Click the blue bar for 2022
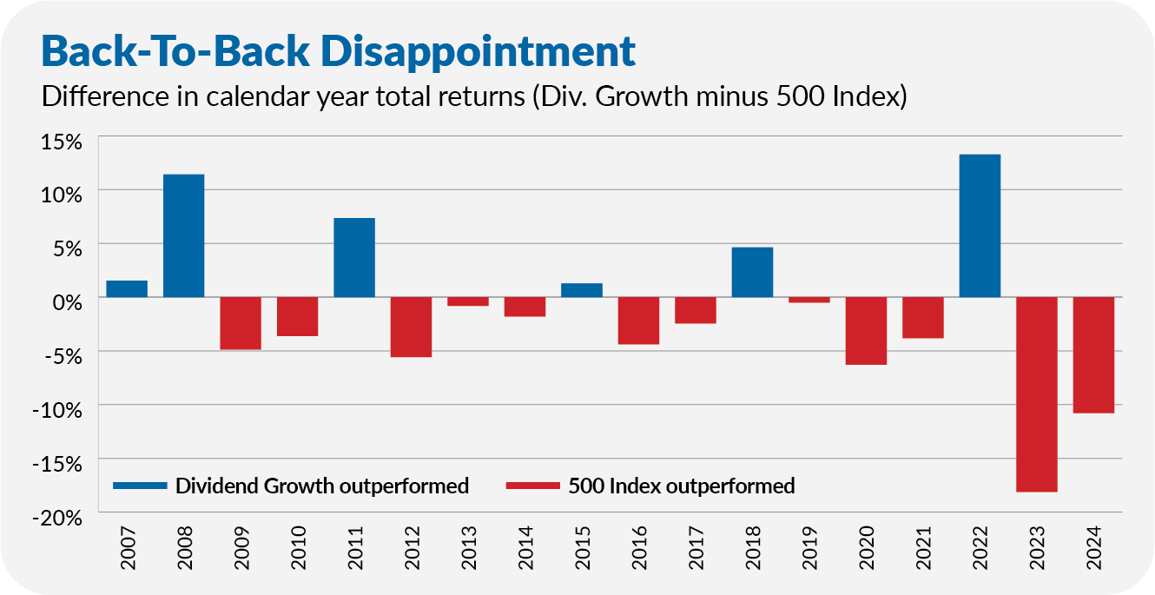(980, 226)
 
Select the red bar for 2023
(1036, 394)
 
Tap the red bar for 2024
(1093, 355)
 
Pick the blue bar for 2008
(183, 235)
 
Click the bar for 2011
(354, 258)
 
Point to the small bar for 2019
(809, 300)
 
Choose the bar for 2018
(752, 272)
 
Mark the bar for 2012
(411, 327)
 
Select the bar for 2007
(127, 289)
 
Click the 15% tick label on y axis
(62, 142)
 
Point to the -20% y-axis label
(57, 519)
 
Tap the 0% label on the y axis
(68, 302)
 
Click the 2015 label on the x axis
(582, 547)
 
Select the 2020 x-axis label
(867, 547)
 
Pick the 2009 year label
(241, 547)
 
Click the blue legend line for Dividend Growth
(141, 486)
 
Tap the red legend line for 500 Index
(533, 486)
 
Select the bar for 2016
(638, 321)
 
